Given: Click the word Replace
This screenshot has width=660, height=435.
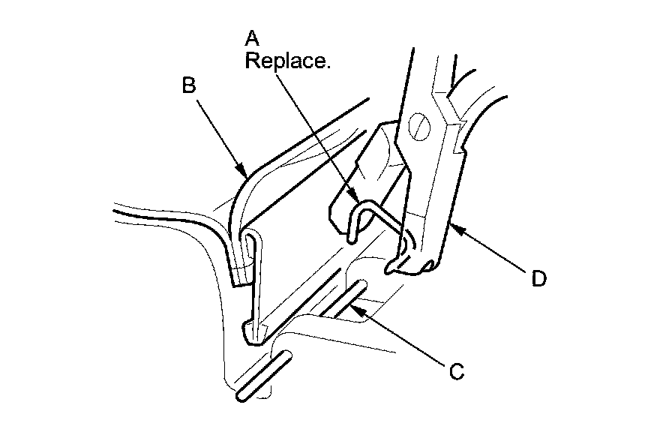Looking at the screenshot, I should point(287,61).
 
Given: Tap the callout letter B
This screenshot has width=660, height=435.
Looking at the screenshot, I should point(190,85).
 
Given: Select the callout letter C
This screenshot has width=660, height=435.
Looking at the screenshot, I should point(454,370).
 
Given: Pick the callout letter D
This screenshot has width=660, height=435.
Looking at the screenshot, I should point(538,279).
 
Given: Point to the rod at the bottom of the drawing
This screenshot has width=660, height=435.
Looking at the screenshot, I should point(259,375).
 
